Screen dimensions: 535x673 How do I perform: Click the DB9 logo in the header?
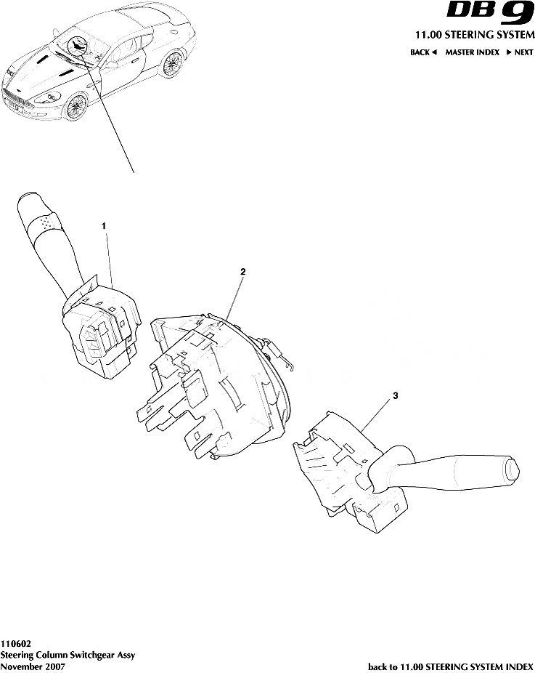pyautogui.click(x=490, y=14)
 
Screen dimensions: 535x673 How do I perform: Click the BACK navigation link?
pyautogui.click(x=423, y=52)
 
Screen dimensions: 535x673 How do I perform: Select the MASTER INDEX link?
pyautogui.click(x=472, y=52)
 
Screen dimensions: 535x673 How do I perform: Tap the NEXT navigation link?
pyautogui.click(x=520, y=52)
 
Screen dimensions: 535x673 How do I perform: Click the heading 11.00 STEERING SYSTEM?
pyautogui.click(x=474, y=35)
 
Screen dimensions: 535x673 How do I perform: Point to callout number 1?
pyautogui.click(x=104, y=226)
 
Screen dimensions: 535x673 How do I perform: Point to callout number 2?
pyautogui.click(x=243, y=272)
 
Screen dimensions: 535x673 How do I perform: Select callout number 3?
pyautogui.click(x=395, y=396)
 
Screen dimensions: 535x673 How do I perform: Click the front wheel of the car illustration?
pyautogui.click(x=74, y=108)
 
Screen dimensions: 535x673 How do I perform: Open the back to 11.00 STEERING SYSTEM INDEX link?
pyautogui.click(x=451, y=666)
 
